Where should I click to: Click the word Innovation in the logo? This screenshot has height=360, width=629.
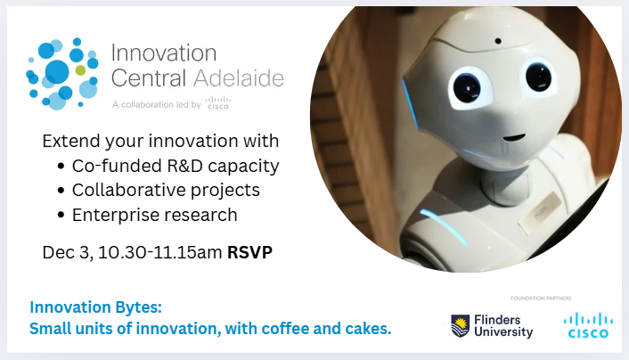pos(164,53)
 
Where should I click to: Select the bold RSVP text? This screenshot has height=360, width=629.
pos(249,252)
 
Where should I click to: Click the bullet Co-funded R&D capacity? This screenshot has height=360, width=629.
pos(176,166)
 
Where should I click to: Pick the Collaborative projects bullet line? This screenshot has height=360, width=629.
pos(166,190)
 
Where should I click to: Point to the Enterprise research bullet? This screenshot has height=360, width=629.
pos(154,214)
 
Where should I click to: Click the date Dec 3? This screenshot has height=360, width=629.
pos(67,252)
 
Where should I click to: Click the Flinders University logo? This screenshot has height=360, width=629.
pos(492,325)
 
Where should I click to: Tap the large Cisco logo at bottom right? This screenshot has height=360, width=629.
pos(589,325)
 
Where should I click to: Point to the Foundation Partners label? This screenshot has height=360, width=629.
pos(540,297)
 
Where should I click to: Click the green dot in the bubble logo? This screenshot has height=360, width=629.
pos(81,70)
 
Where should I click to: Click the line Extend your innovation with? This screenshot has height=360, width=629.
pos(160,142)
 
